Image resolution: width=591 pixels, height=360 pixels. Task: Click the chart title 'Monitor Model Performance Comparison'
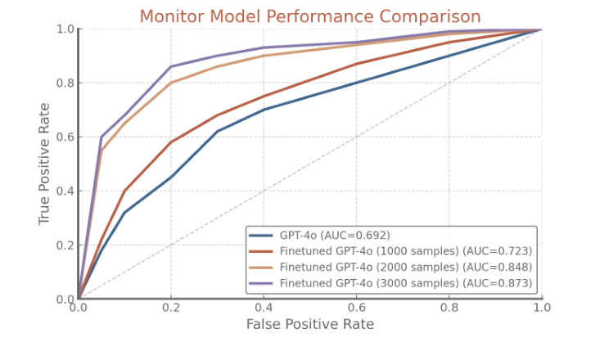[309, 16]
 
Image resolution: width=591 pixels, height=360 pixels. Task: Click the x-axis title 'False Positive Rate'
[309, 325]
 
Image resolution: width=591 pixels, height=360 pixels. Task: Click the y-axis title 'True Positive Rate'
[44, 164]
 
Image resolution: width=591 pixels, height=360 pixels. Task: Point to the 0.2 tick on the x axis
[171, 308]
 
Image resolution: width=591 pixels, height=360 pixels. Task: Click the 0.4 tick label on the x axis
[264, 308]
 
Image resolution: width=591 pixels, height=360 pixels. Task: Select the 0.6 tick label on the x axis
[356, 308]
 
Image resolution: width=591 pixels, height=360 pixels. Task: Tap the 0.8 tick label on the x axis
[449, 308]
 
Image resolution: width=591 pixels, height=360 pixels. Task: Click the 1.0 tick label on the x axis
[541, 308]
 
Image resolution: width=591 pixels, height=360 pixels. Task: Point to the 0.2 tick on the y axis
[64, 245]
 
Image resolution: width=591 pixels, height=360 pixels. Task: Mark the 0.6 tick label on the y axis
[64, 137]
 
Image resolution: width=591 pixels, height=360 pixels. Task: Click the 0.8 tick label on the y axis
[64, 83]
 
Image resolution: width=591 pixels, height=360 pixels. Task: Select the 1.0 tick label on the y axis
[64, 29]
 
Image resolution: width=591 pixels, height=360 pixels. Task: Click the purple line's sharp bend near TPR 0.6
[102, 137]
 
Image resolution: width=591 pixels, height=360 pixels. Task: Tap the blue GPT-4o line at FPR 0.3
[217, 132]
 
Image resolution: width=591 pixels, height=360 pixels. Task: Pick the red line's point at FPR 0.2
[171, 142]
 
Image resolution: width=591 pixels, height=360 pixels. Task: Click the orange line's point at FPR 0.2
[171, 83]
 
